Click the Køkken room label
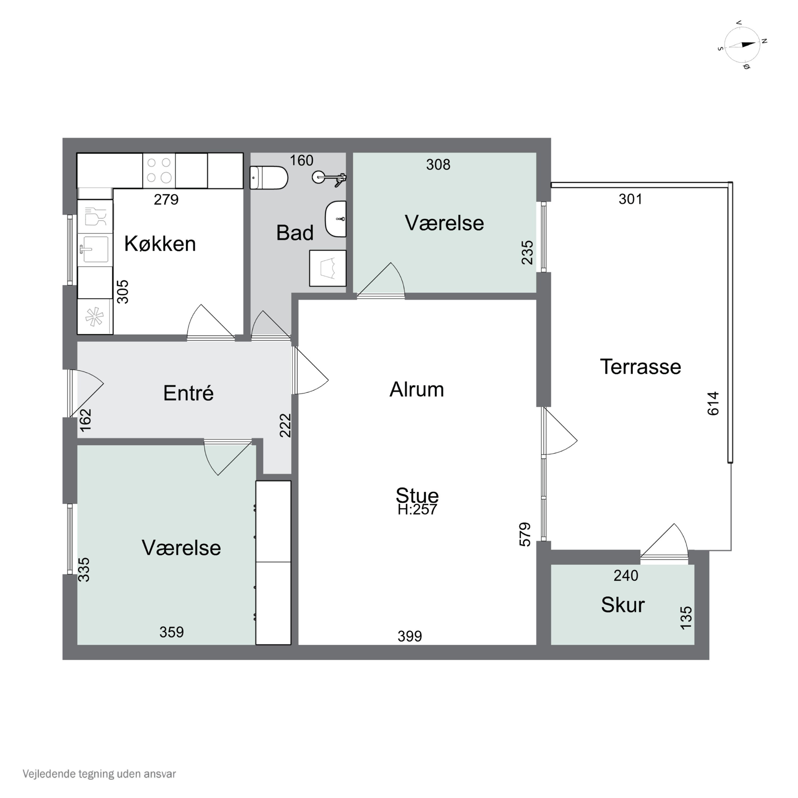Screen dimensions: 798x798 [160, 244]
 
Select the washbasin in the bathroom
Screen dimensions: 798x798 [336, 219]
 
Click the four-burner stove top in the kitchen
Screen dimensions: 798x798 [159, 171]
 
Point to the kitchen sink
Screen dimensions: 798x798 [95, 250]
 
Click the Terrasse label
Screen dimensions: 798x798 [640, 367]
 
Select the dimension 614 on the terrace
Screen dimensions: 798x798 [713, 404]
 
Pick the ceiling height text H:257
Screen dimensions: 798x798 [417, 510]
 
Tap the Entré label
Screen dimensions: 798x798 [188, 393]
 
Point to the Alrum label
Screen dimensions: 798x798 [417, 389]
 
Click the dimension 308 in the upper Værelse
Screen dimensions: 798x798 [438, 165]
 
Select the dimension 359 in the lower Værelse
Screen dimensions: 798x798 [172, 632]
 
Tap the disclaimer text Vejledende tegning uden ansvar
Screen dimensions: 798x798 [99, 774]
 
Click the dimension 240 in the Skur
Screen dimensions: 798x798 [626, 576]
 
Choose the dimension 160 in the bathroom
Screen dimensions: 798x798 [302, 160]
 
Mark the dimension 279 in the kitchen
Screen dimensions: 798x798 [166, 200]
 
